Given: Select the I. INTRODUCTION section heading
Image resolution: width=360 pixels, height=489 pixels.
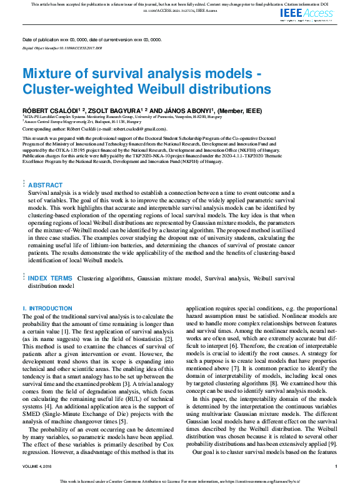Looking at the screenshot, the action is click(x=47, y=309).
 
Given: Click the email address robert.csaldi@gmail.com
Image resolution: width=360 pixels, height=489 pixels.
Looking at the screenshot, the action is click(x=131, y=128).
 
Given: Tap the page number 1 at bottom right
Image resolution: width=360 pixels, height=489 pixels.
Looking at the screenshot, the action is click(x=336, y=466).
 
